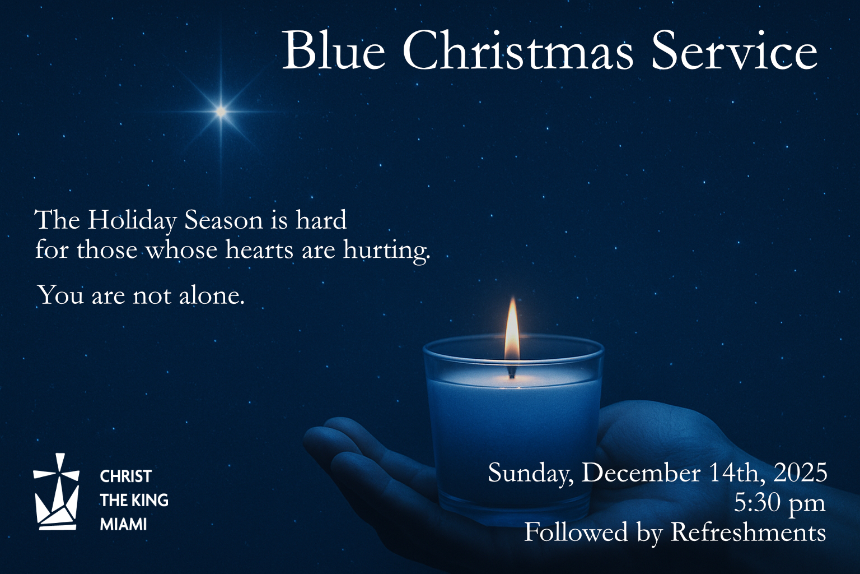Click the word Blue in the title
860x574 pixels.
click(334, 50)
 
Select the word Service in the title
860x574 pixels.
click(734, 50)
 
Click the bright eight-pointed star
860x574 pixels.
click(221, 112)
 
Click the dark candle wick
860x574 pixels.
click(511, 372)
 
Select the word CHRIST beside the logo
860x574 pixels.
click(126, 476)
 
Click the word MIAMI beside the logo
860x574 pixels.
click(123, 525)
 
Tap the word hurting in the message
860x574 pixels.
click(386, 249)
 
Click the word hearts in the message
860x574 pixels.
click(259, 249)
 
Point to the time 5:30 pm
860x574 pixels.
click(779, 503)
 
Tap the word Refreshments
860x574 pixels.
click(748, 532)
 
